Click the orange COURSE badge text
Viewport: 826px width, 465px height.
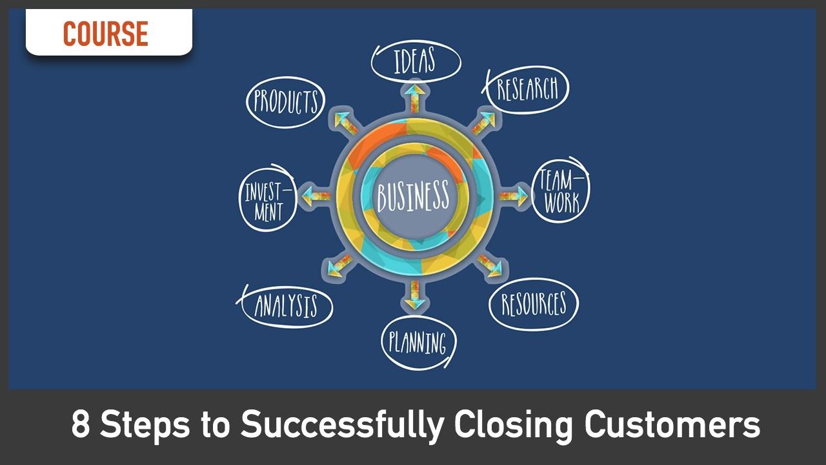point(106,34)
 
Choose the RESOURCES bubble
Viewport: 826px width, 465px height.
point(533,304)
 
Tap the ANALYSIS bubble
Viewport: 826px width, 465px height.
point(286,306)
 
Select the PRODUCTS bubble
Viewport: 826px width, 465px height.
point(285,101)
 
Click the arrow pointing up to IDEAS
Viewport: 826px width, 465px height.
point(414,97)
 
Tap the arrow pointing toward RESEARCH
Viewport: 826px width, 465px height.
point(483,123)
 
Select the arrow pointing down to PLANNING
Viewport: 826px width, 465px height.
point(414,294)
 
